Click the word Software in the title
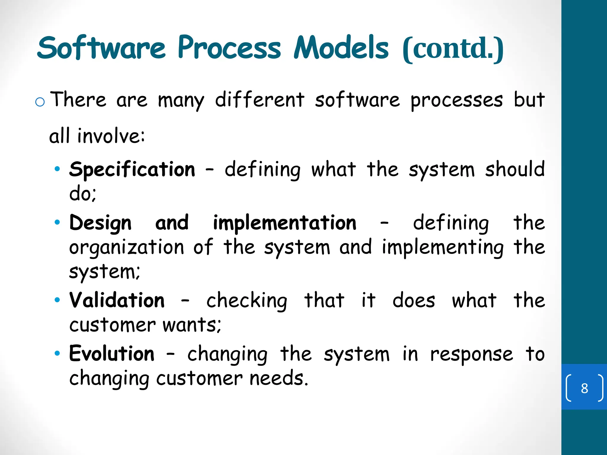coord(101,48)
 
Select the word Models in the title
coord(341,48)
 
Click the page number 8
coord(584,388)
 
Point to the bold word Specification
coord(132,169)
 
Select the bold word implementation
coord(285,223)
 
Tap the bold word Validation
coord(117,300)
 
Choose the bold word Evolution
coord(112,354)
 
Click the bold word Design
coord(100,223)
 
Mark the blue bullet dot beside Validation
coord(57,300)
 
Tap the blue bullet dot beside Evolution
coord(57,353)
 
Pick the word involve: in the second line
coord(111,136)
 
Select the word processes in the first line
coord(456,101)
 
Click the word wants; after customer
coord(192,325)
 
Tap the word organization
coord(127,248)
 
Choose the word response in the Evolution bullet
coord(471,355)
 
